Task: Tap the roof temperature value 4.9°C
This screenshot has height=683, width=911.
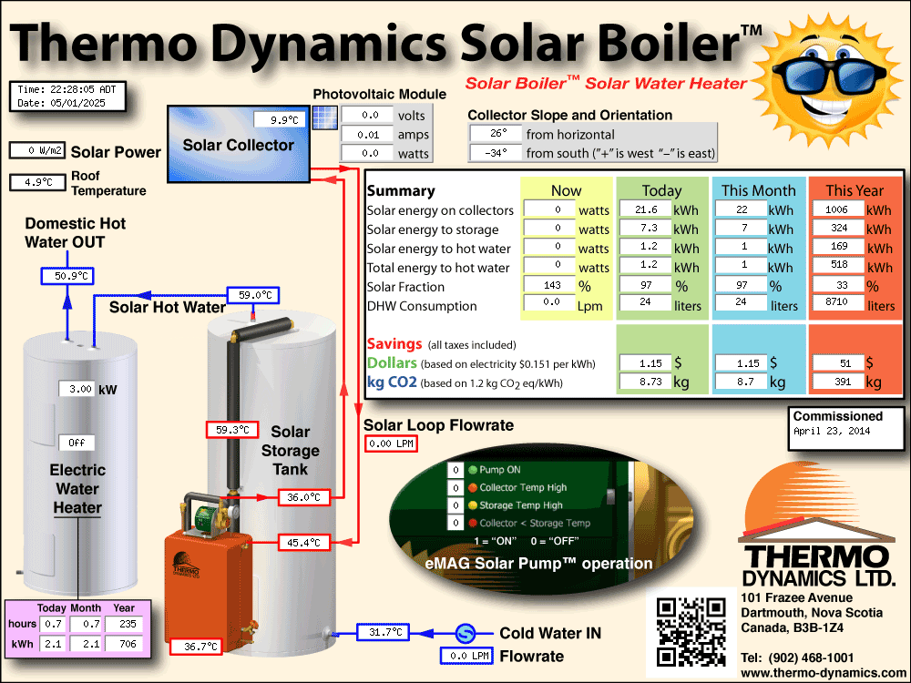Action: [x=37, y=182]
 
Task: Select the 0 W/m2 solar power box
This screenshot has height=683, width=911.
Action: [x=37, y=150]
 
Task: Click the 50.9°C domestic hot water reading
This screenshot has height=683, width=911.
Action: [x=67, y=276]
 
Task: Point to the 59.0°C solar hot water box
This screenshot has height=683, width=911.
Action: [x=252, y=295]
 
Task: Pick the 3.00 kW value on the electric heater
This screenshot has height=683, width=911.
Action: [x=77, y=389]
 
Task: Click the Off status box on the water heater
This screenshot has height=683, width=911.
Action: [x=77, y=443]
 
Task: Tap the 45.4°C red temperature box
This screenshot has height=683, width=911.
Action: [x=304, y=543]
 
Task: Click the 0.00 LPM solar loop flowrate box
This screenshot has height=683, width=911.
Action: [x=391, y=443]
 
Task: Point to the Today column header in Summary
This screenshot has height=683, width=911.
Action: [x=661, y=190]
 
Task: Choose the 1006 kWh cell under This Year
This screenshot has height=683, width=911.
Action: [x=838, y=209]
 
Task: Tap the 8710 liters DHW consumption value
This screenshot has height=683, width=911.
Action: [x=838, y=301]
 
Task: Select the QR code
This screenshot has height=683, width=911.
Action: [x=691, y=632]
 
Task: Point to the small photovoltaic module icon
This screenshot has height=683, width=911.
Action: [x=325, y=117]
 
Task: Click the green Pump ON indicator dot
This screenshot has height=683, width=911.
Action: [x=473, y=470]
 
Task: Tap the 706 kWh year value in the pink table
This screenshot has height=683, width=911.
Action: [x=124, y=644]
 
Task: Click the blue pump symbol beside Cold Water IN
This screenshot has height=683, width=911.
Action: [x=465, y=633]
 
